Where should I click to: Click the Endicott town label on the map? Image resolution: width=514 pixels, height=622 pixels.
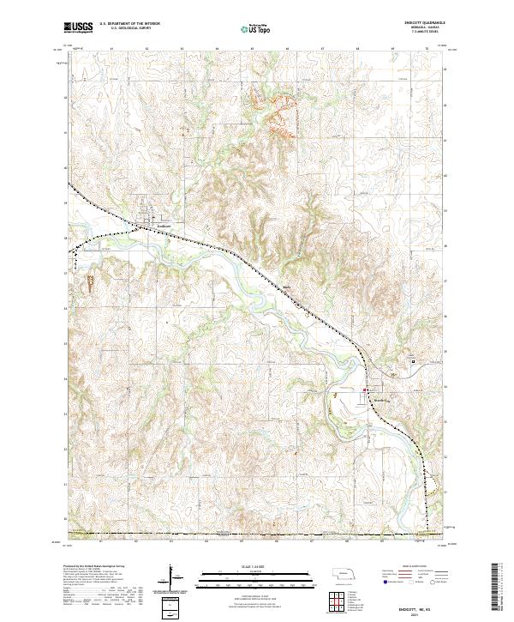tap(164, 226)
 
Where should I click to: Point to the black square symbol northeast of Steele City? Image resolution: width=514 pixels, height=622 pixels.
tap(415, 361)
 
